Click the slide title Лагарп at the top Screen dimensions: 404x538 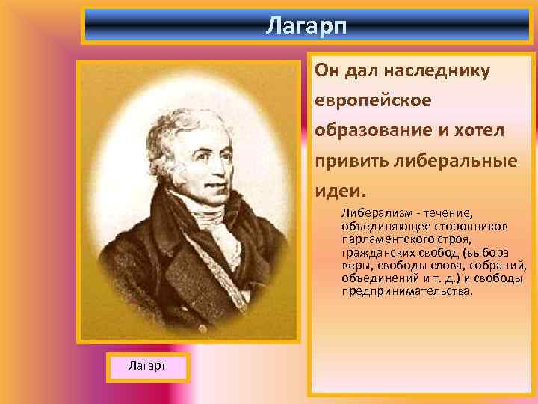[306, 26]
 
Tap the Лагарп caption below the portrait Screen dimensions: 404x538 [147, 365]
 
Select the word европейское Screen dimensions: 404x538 [371, 100]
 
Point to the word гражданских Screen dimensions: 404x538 [375, 252]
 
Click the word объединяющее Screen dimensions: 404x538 [374, 227]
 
